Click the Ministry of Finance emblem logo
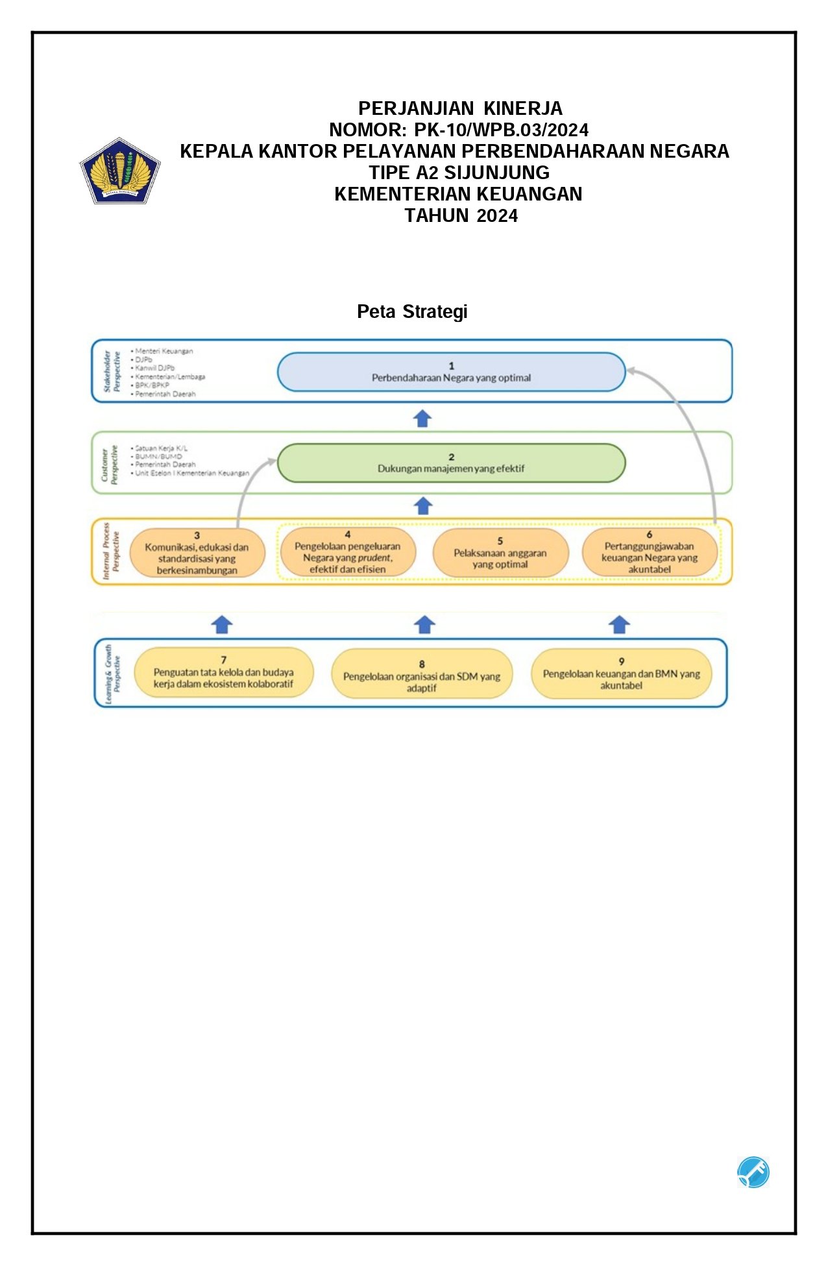(120, 171)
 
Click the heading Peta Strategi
(412, 312)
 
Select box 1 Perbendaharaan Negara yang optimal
(451, 372)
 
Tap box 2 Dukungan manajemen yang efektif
(451, 463)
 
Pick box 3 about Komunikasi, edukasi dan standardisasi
(197, 553)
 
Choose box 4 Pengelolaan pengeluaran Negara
(347, 552)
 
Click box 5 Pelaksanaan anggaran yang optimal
(500, 553)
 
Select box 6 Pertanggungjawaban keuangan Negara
(650, 552)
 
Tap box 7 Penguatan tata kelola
(223, 672)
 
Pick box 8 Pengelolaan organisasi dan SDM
(422, 674)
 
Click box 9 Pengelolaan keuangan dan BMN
(621, 674)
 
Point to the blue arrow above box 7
(222, 624)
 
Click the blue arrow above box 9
(620, 624)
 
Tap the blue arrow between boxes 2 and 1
(422, 419)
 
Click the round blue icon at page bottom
(753, 1173)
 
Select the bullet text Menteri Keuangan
(164, 351)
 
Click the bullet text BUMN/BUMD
(158, 456)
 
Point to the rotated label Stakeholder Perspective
(112, 372)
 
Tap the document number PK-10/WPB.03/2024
(501, 130)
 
